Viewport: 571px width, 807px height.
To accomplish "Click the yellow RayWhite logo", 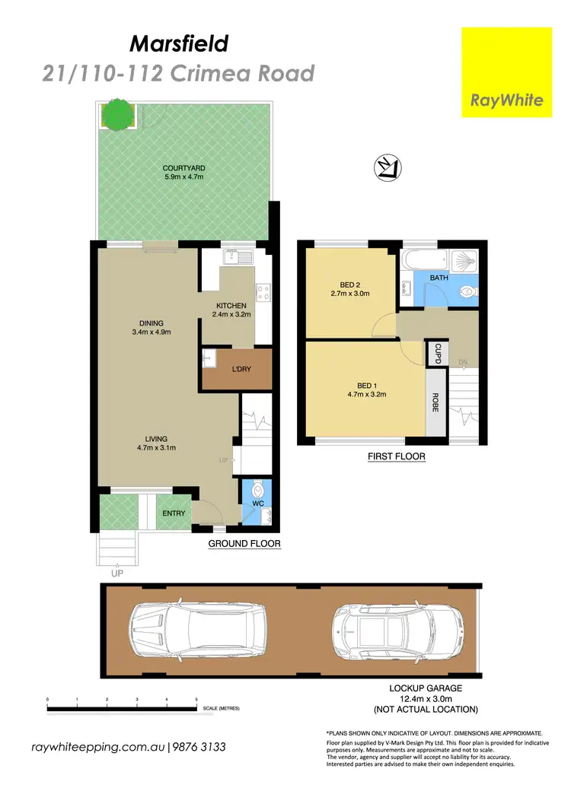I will pyautogui.click(x=506, y=72).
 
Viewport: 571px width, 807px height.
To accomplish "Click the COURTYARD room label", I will pyautogui.click(x=183, y=169).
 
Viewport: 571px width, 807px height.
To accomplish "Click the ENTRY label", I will pyautogui.click(x=174, y=513).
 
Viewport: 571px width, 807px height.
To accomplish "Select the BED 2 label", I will pyautogui.click(x=350, y=285).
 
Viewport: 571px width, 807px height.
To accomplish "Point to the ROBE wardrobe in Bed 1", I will pyautogui.click(x=435, y=402).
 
